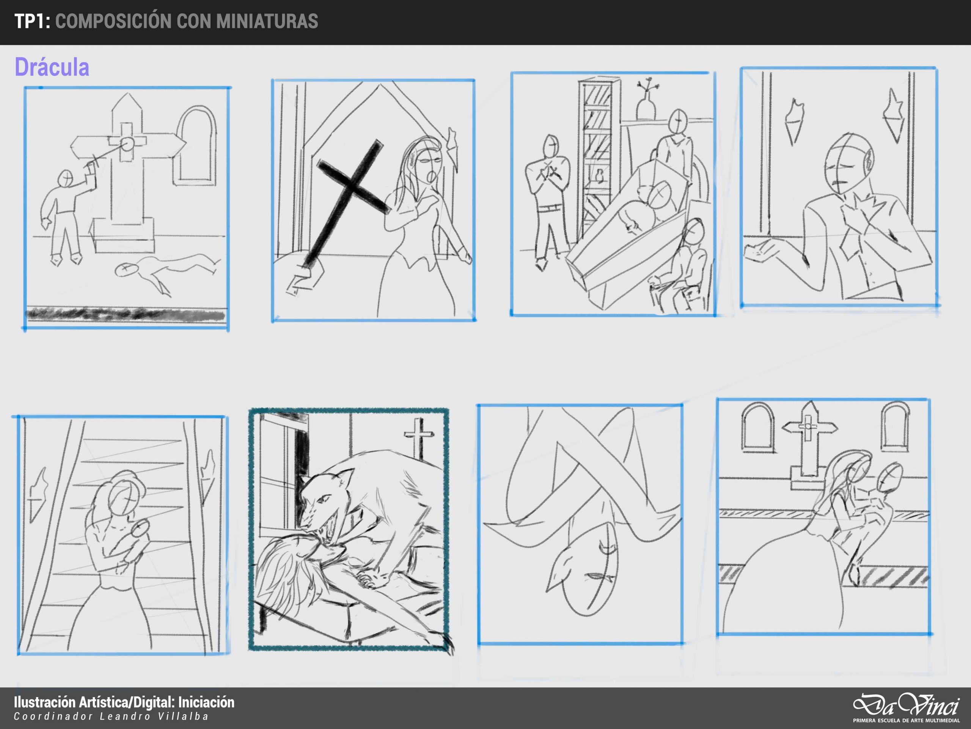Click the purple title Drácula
click(x=52, y=67)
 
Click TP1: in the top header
click(x=32, y=21)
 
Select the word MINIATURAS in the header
click(x=267, y=21)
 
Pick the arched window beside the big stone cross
click(x=196, y=145)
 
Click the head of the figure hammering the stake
click(x=66, y=179)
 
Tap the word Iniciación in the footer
click(x=206, y=702)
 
